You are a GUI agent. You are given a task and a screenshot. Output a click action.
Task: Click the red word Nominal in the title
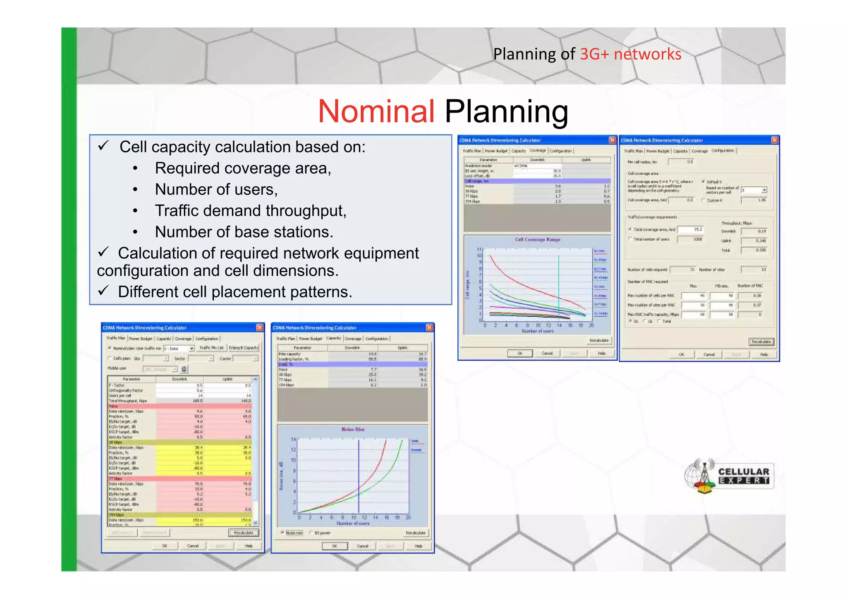coord(376,111)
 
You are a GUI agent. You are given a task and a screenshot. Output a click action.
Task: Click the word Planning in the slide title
coord(506,111)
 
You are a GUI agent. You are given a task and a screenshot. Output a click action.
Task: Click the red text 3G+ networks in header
coord(630,54)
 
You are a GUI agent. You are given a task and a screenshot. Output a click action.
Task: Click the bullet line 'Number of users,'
coord(216,190)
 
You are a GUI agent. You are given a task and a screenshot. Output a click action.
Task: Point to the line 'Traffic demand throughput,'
coord(250,211)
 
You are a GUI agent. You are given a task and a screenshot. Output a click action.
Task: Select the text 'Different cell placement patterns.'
coord(234,292)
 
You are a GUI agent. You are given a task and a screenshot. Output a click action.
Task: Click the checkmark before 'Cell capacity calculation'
coord(103,146)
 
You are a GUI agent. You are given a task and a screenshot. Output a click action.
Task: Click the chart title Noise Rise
coord(353,429)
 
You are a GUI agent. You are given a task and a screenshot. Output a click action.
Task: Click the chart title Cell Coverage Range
coord(537,240)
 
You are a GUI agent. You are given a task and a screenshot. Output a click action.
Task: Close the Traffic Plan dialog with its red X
coord(260,327)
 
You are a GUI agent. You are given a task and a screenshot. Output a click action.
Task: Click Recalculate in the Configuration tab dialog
coord(761,342)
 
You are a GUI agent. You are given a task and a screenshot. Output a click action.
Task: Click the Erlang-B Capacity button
coord(244,348)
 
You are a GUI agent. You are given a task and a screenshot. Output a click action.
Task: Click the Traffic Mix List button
coord(211,348)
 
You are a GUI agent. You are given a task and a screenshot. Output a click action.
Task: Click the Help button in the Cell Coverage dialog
coord(601,353)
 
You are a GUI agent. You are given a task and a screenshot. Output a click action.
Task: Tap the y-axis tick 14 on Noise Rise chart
coord(293,439)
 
